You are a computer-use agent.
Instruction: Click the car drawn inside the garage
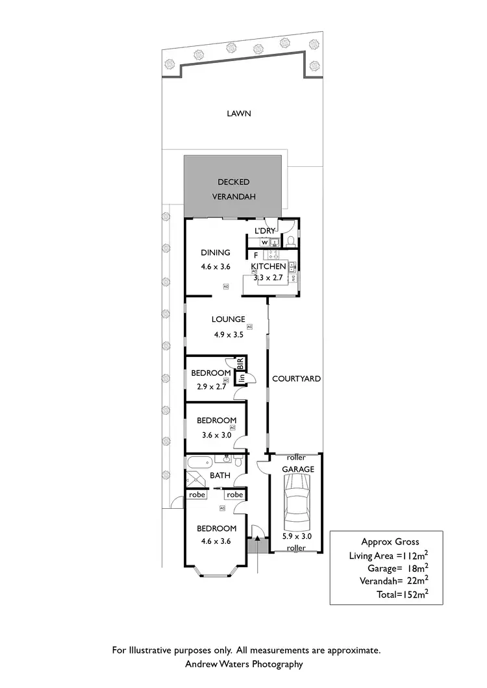296,504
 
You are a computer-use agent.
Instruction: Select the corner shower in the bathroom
195,480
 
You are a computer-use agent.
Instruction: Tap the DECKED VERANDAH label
233,190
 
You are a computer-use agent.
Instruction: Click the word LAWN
238,114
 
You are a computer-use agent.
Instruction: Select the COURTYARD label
296,378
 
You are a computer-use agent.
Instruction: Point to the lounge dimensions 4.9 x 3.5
229,335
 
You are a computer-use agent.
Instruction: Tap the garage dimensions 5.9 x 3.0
297,536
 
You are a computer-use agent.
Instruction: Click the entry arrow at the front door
258,537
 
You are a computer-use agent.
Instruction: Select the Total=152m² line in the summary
402,594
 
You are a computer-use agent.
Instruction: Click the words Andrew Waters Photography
244,664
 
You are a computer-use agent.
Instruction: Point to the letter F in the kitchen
256,255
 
